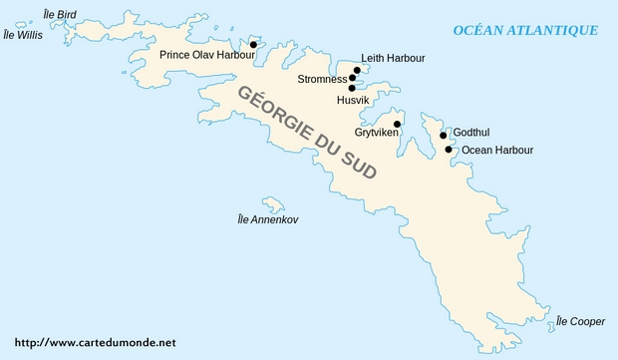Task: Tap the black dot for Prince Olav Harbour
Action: click(x=253, y=45)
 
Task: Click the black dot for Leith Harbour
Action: click(x=355, y=70)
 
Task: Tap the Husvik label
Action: click(x=353, y=101)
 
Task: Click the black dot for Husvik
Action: click(x=352, y=88)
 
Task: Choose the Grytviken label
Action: click(x=377, y=132)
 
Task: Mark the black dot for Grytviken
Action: click(x=397, y=125)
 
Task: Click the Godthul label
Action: click(x=471, y=133)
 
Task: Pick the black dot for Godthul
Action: click(x=444, y=136)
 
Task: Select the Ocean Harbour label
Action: click(x=497, y=151)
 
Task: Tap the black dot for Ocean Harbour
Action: click(x=449, y=150)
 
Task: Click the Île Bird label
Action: click(x=59, y=14)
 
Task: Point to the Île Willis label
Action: click(x=23, y=34)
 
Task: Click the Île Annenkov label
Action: click(x=267, y=218)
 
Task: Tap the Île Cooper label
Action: click(x=580, y=321)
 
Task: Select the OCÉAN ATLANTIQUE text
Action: click(x=525, y=30)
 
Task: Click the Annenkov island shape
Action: click(x=273, y=203)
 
